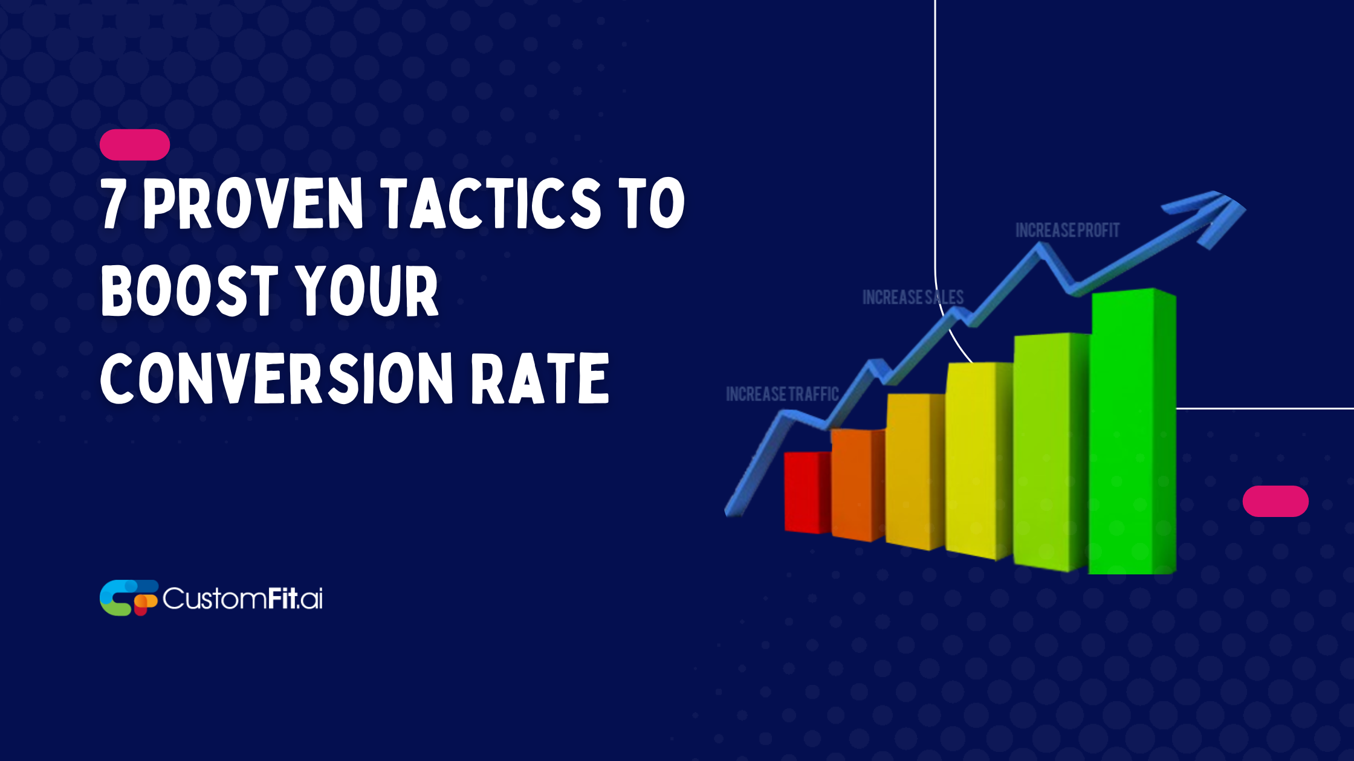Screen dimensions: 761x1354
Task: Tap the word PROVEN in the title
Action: pyautogui.click(x=253, y=204)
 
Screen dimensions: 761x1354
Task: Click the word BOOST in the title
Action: pyautogui.click(x=189, y=291)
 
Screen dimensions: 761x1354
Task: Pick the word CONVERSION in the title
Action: pyautogui.click(x=276, y=379)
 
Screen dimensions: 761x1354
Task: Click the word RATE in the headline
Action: pyautogui.click(x=539, y=379)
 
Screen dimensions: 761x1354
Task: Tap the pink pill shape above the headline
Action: pyautogui.click(x=135, y=145)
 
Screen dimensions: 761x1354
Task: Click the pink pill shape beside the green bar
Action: pyautogui.click(x=1275, y=501)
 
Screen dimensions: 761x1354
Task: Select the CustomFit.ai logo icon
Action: pyautogui.click(x=128, y=598)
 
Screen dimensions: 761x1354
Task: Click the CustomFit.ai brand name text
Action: pyautogui.click(x=242, y=599)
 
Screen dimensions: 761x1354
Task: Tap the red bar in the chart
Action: pyautogui.click(x=806, y=492)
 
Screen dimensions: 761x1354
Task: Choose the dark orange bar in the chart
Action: pyautogui.click(x=857, y=483)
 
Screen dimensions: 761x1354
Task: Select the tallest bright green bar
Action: pyautogui.click(x=1132, y=432)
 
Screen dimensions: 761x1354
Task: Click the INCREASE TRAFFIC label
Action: pyautogui.click(x=782, y=394)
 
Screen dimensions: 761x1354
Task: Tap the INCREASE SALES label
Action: pyautogui.click(x=913, y=297)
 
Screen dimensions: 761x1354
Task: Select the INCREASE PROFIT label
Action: pyautogui.click(x=1067, y=230)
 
